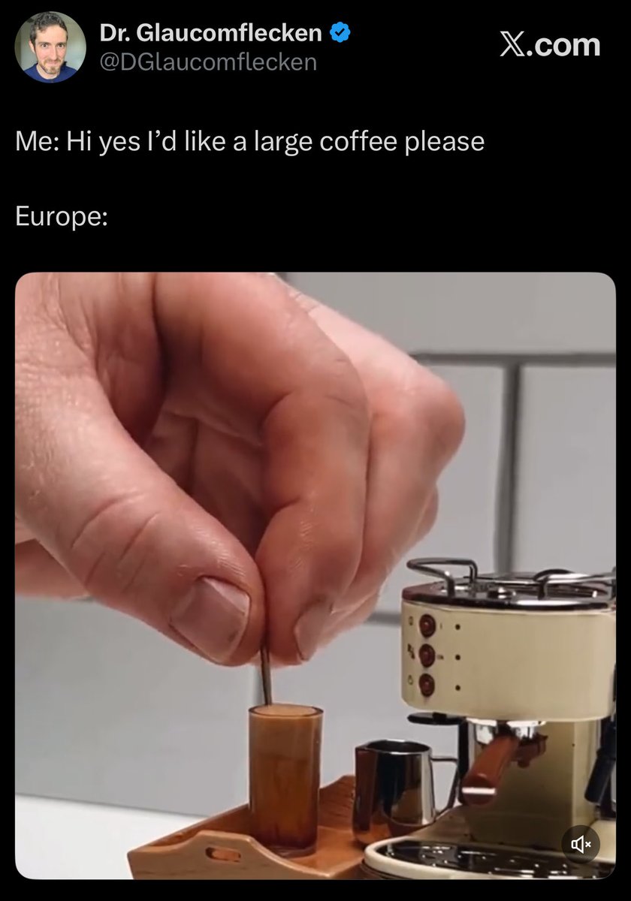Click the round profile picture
point(50,47)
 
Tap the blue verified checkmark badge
point(340,32)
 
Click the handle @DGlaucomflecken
point(208,62)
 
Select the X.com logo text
point(550,44)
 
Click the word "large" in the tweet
point(283,143)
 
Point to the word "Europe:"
point(62,216)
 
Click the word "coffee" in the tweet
point(358,142)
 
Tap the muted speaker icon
point(581,844)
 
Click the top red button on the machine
point(427,626)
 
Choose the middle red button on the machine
point(427,655)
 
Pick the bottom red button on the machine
point(427,685)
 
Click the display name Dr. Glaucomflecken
point(210,32)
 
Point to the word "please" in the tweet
point(444,143)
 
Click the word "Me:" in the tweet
point(38,142)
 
